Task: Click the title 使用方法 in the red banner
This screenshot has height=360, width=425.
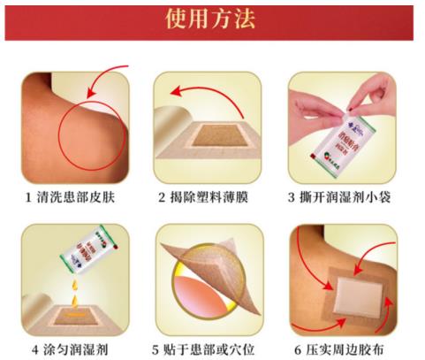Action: (x=212, y=19)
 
